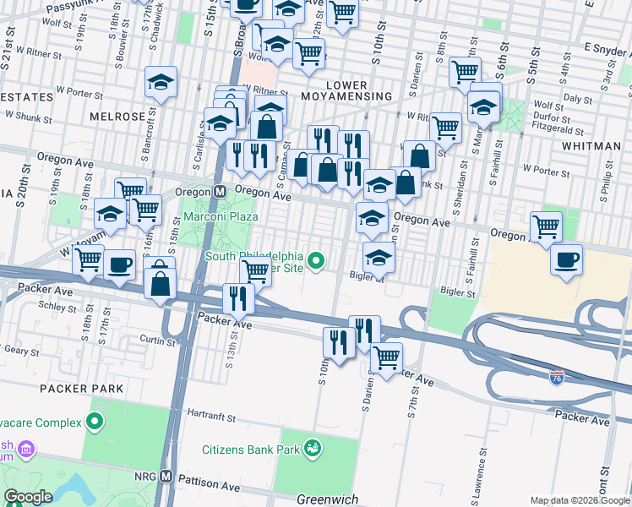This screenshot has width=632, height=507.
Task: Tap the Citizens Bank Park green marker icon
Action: tap(313, 445)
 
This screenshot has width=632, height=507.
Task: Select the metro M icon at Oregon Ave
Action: tap(218, 192)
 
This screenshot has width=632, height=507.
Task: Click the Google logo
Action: tap(28, 497)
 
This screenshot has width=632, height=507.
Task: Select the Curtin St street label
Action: tap(156, 341)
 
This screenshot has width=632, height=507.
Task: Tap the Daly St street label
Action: tap(578, 99)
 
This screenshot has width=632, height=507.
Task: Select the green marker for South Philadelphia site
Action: tap(317, 260)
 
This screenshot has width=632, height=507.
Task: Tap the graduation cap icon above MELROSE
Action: tap(161, 82)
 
